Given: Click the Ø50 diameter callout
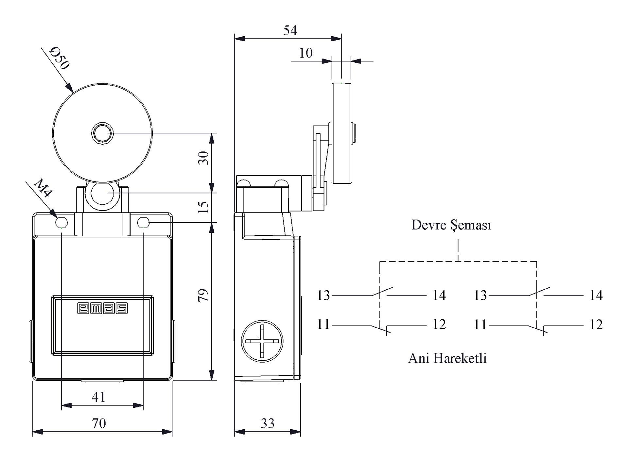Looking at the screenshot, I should (x=60, y=59).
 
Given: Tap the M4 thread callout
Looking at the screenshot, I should (x=43, y=188).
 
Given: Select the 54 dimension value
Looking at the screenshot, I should (x=290, y=30).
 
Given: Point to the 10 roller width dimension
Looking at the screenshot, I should (x=306, y=53).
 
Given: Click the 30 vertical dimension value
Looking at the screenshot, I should (x=203, y=158).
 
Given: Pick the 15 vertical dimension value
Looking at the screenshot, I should (x=203, y=207).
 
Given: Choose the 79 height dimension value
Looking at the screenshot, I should (x=203, y=295).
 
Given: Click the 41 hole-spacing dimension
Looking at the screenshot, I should (x=98, y=397).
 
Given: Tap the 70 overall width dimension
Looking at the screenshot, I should (x=99, y=423).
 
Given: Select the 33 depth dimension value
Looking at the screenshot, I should (x=267, y=423).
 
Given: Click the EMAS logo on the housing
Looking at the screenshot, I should (x=102, y=308).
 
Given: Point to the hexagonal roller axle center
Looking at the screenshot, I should (x=102, y=133).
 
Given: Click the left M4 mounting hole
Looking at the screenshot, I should (x=61, y=223).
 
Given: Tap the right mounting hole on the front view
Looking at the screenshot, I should (x=143, y=223).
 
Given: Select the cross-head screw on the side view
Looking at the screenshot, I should (x=262, y=341).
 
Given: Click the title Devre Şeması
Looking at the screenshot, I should (x=451, y=225).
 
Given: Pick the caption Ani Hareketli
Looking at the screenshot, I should (x=447, y=358).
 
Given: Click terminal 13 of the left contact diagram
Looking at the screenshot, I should (x=323, y=295).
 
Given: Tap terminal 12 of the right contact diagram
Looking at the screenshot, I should (x=596, y=325).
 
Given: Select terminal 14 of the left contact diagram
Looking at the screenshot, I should (x=439, y=295).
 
